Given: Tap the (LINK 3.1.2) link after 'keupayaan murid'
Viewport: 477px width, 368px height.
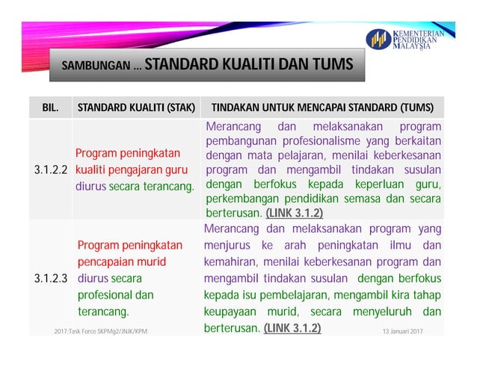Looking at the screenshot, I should pyautogui.click(x=292, y=328).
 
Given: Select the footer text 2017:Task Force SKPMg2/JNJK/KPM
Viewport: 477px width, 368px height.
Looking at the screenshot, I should pyautogui.click(x=101, y=329).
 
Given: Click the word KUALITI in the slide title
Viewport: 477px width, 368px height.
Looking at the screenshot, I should pyautogui.click(x=248, y=63).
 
